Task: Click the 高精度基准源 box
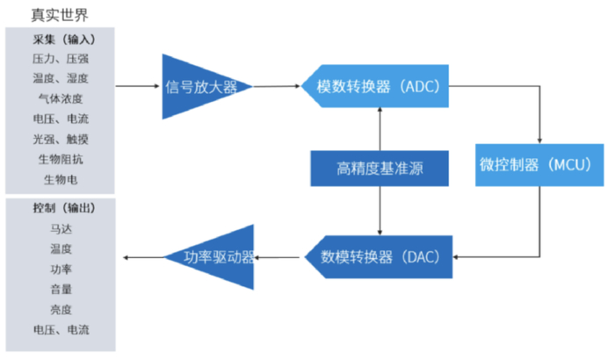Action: tap(380, 168)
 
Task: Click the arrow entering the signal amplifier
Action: tap(139, 86)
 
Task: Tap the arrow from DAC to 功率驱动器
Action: tap(282, 256)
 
